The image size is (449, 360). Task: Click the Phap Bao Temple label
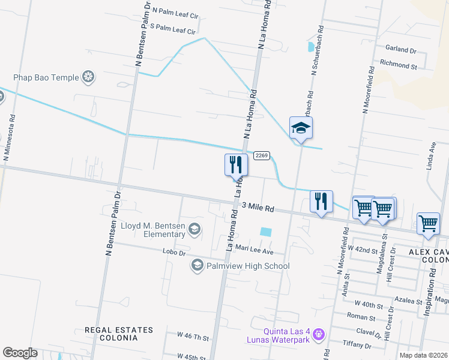point(47,77)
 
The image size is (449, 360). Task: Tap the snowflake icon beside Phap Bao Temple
point(88,77)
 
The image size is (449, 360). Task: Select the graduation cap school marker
point(301,128)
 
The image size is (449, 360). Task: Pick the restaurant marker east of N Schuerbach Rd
point(321,202)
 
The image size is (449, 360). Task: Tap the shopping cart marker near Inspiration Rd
point(428,223)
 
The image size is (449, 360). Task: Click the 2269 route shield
point(260,155)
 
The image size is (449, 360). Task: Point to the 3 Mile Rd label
point(258,208)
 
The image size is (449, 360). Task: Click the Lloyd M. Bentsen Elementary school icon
point(194,228)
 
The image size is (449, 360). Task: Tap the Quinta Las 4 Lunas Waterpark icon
point(319,332)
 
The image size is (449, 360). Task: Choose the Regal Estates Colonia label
point(119,330)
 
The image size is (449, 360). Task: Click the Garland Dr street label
point(401,50)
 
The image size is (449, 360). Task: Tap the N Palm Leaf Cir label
point(174,10)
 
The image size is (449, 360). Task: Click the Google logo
point(20,353)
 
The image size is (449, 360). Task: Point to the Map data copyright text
point(423,355)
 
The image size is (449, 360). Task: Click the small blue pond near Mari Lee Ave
point(265,232)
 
